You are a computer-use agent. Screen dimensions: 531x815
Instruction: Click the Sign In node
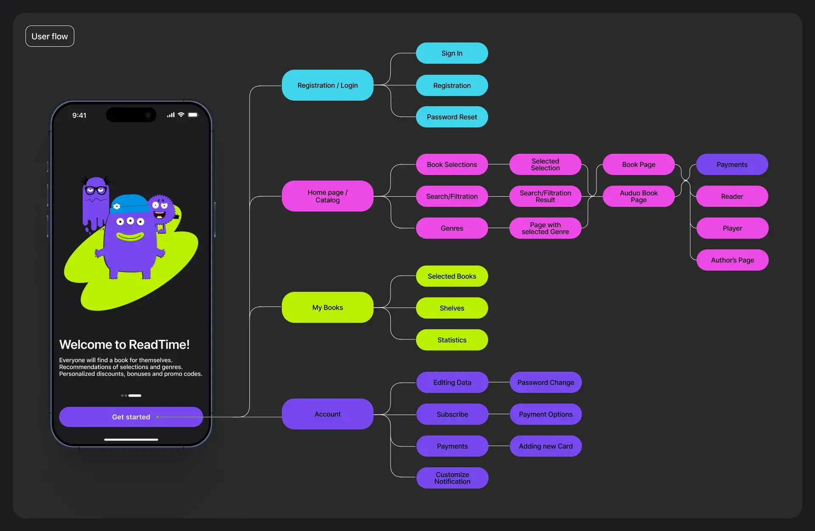[452, 53]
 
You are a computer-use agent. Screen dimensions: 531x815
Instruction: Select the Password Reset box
[452, 117]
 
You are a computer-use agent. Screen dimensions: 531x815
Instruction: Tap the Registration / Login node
[327, 85]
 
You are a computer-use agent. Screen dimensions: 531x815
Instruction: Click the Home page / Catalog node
[327, 196]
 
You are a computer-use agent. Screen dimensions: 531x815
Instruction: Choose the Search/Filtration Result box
[545, 196]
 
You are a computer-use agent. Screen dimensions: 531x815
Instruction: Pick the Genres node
[452, 228]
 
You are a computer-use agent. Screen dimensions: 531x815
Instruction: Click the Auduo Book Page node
[638, 196]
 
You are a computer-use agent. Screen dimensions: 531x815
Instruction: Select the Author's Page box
[732, 260]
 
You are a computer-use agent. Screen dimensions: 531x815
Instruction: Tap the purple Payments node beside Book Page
[732, 164]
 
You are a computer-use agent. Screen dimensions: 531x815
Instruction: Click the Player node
[732, 228]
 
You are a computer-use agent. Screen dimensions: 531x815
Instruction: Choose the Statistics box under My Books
[452, 340]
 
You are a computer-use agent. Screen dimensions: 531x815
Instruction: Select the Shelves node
[452, 308]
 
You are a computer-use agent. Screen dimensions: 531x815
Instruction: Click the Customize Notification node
[452, 478]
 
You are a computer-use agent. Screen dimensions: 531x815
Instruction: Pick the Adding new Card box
[545, 446]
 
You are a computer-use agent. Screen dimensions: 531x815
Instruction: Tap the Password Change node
[545, 382]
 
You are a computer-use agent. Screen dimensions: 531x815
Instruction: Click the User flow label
[50, 37]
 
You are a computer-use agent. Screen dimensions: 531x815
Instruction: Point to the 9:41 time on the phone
[79, 116]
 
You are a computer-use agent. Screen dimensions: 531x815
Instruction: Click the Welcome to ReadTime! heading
[124, 345]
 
